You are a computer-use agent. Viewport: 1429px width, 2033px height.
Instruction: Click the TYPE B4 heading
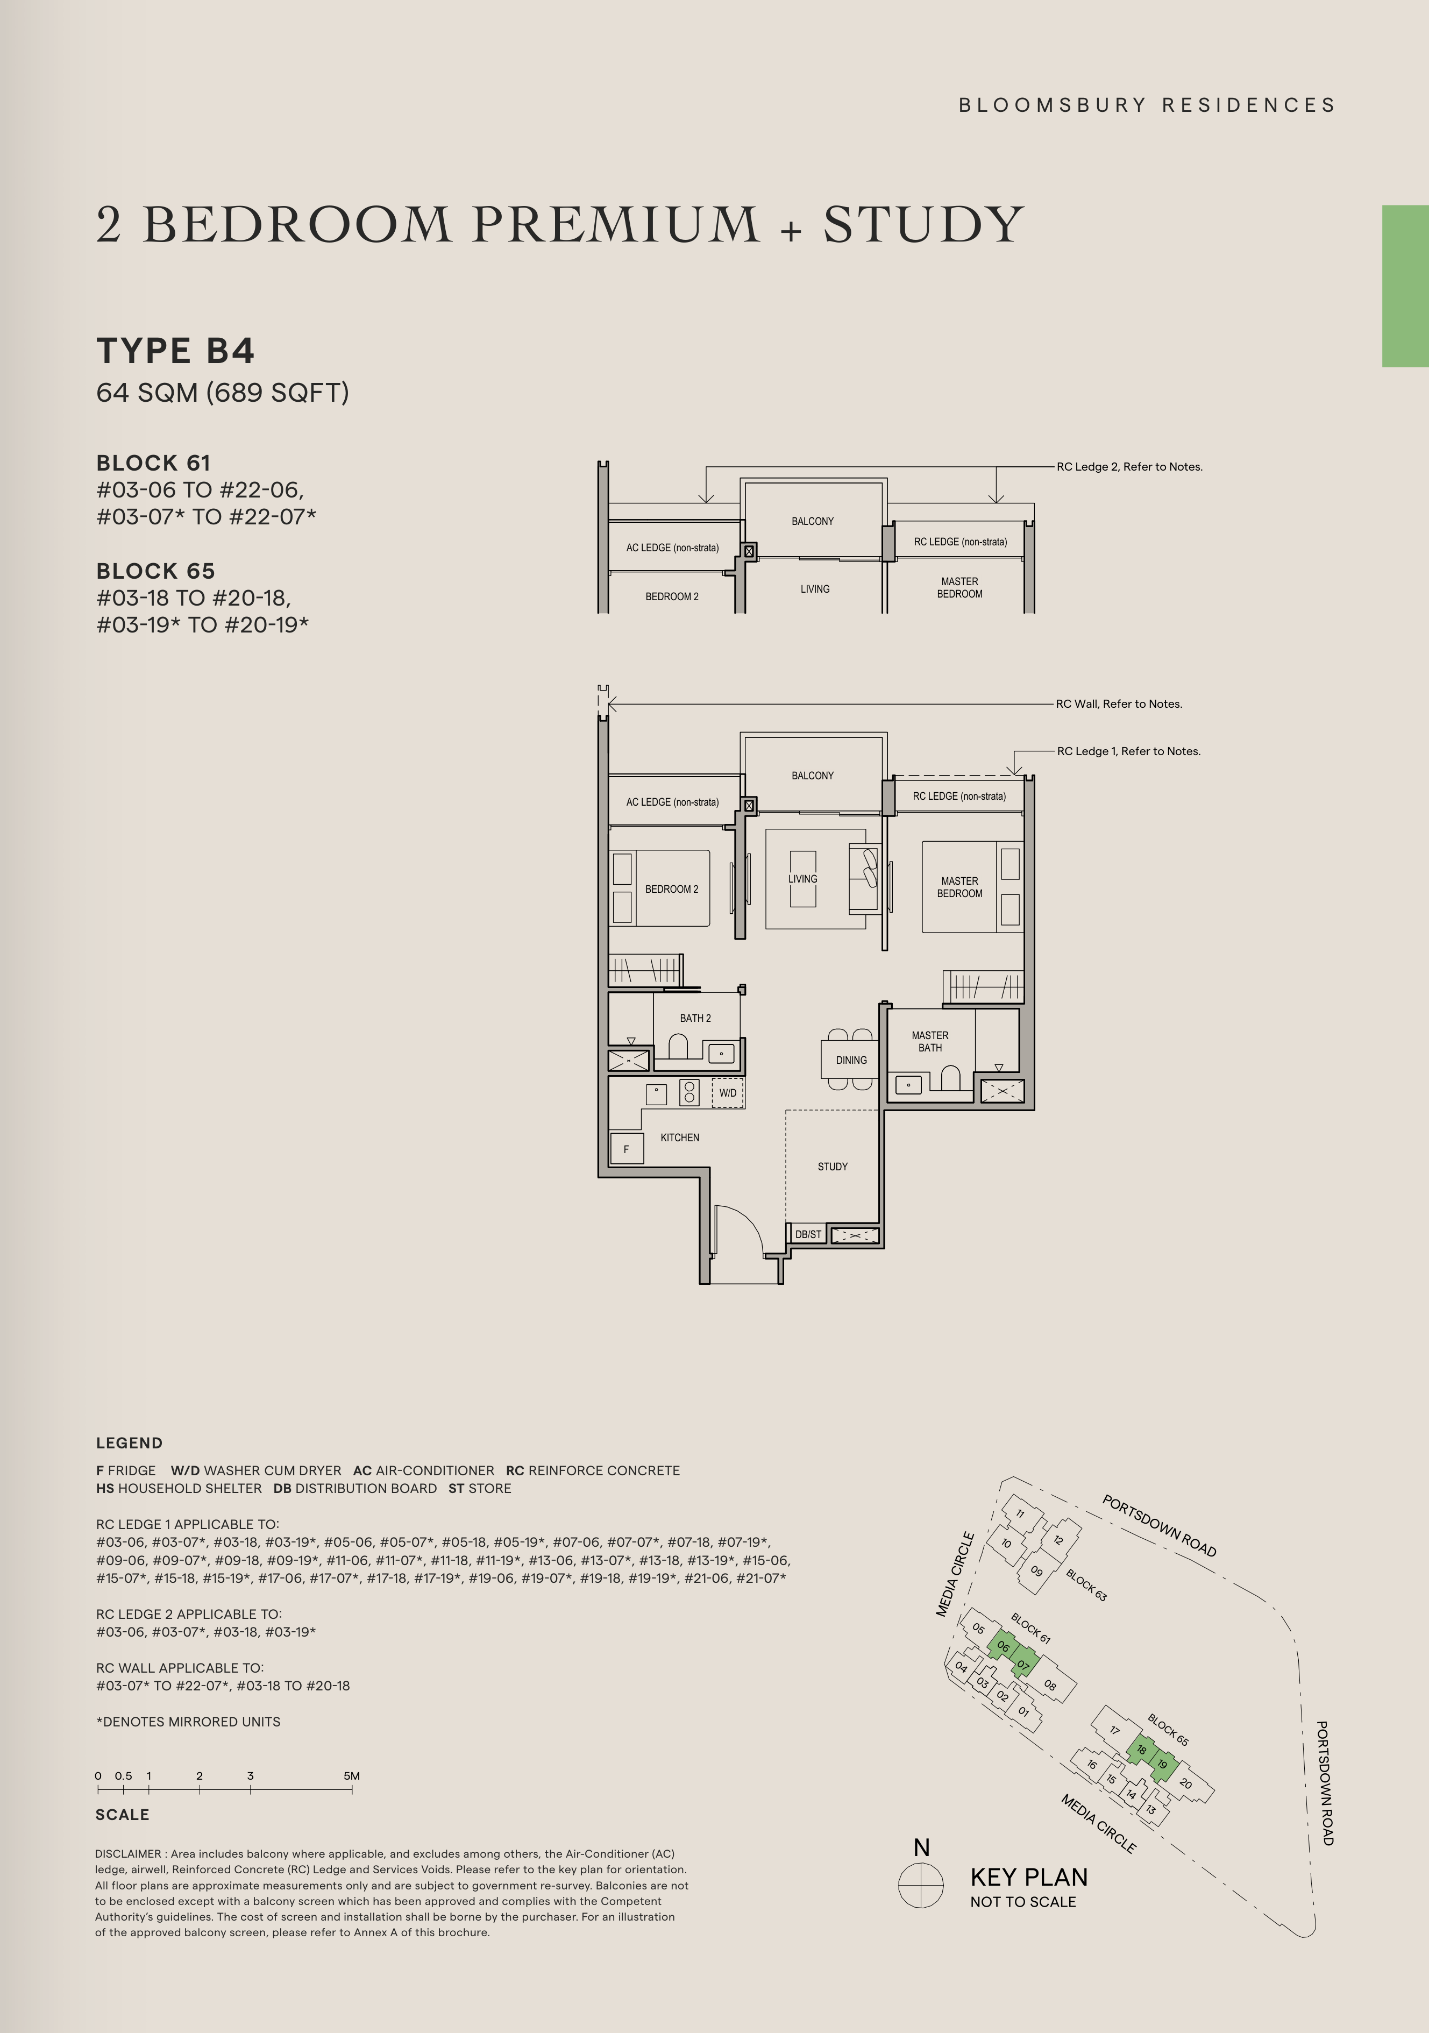tap(175, 351)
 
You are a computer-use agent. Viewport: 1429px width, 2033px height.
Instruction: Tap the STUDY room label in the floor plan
tap(832, 1166)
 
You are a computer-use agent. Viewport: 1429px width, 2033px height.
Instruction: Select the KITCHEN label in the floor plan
tap(680, 1137)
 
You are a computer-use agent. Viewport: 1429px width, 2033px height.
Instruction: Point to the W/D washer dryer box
tap(728, 1093)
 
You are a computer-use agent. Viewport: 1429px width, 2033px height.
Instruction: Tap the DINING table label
tap(851, 1060)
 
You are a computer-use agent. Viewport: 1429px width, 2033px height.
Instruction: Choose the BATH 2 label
tap(695, 1018)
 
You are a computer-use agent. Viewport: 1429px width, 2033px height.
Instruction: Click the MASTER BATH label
tap(930, 1041)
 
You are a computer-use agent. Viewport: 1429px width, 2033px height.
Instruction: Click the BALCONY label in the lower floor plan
tap(813, 776)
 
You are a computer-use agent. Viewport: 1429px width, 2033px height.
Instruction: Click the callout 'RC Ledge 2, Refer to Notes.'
tap(1130, 467)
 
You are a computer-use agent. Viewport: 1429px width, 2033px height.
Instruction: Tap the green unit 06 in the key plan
tap(1003, 1647)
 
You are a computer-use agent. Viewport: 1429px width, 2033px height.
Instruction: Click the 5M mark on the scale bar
tap(352, 1776)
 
